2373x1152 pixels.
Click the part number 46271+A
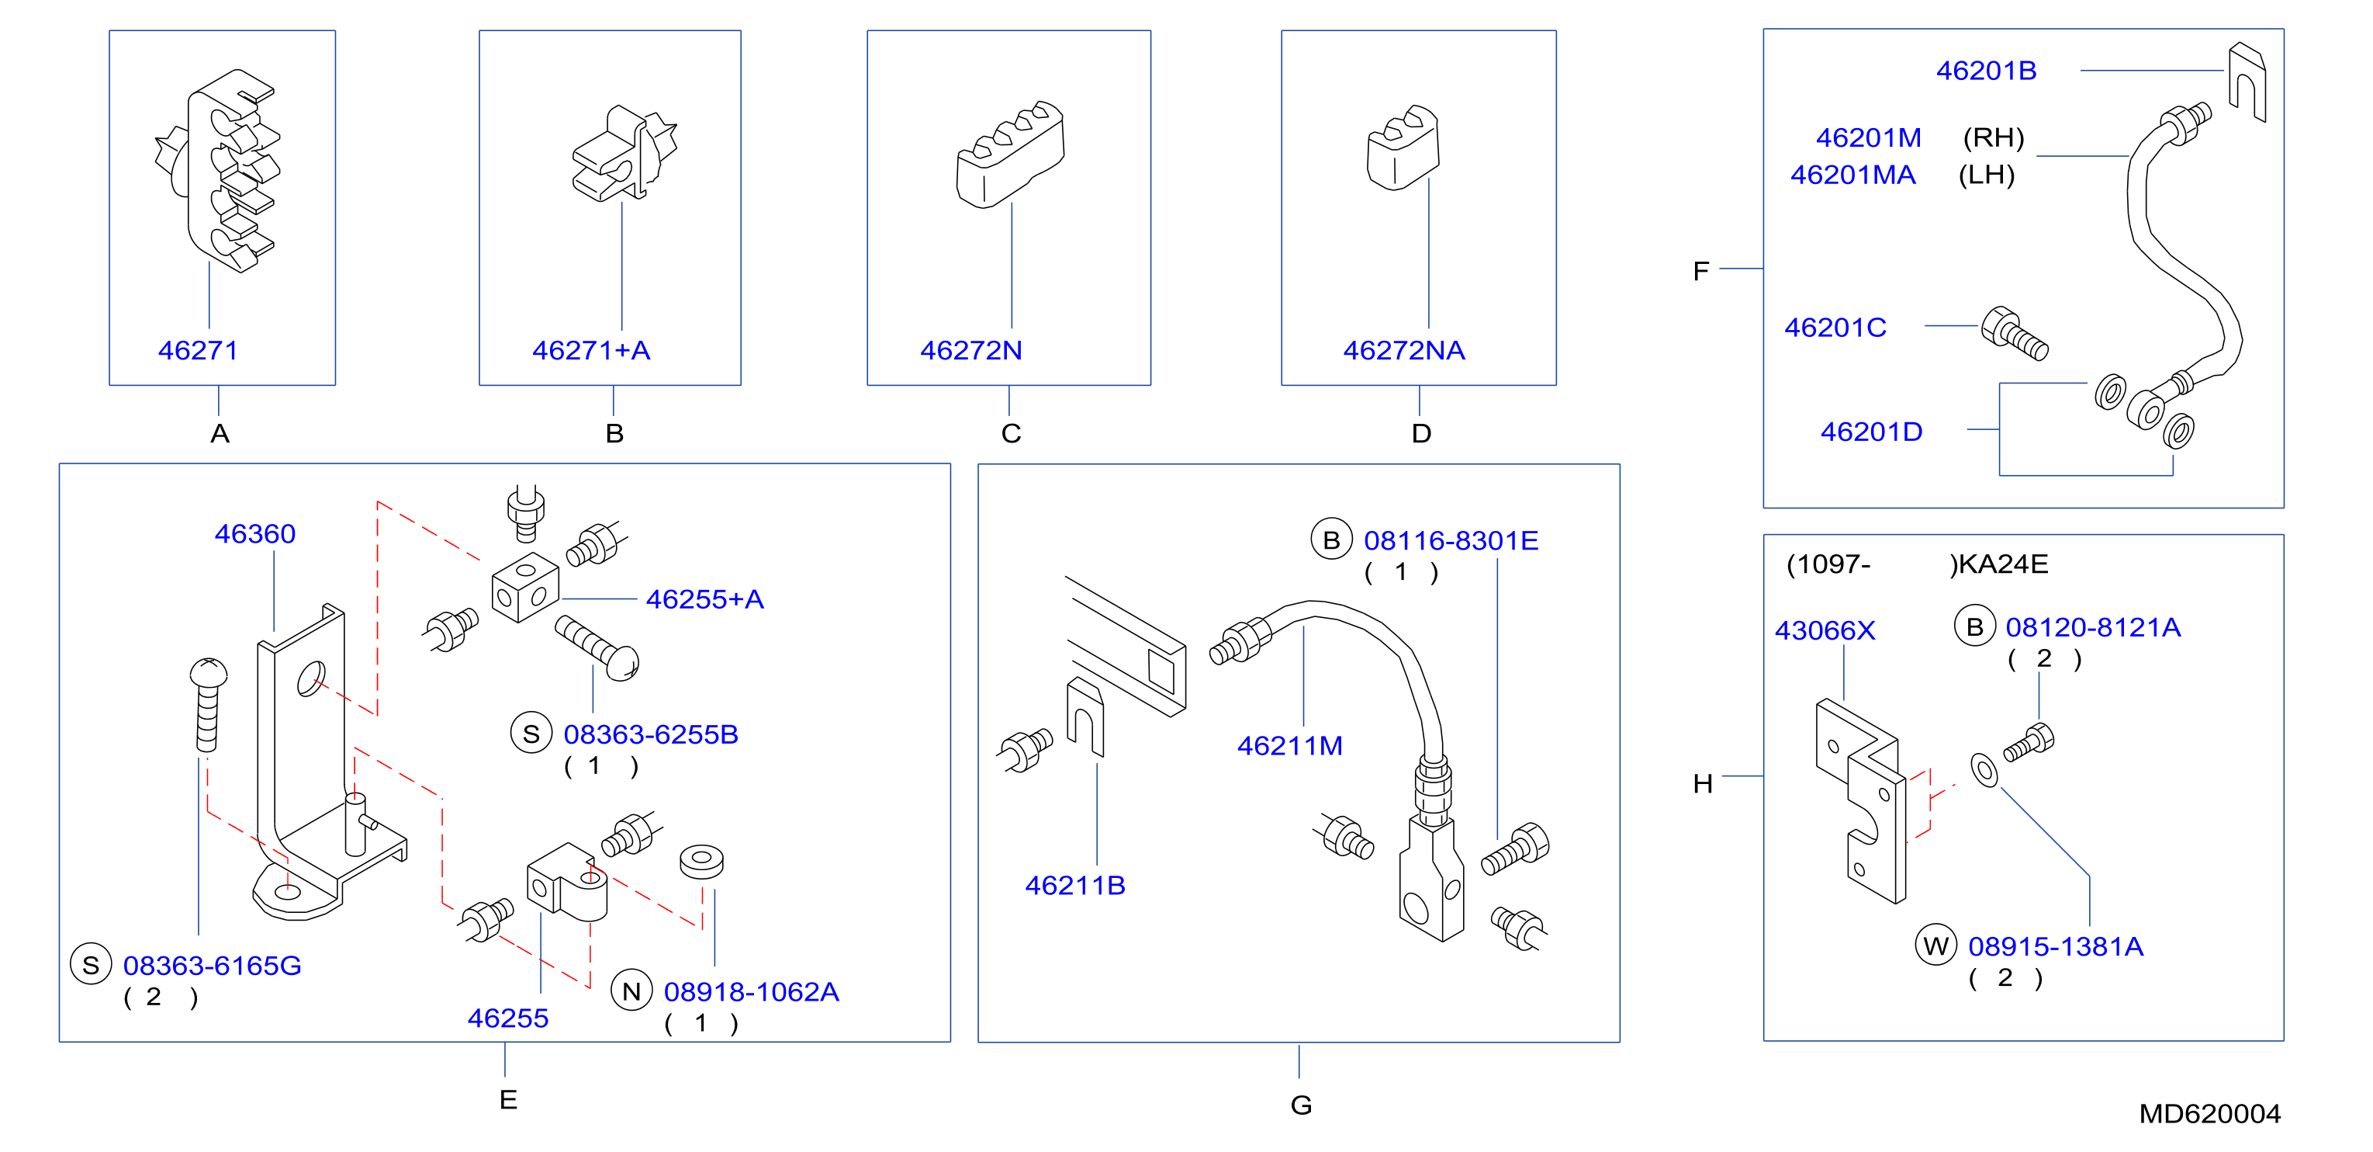click(x=591, y=350)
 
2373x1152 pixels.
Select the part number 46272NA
click(x=1404, y=350)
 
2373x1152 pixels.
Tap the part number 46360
click(x=255, y=533)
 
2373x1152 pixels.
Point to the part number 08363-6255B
click(x=652, y=734)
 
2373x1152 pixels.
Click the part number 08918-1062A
click(x=752, y=991)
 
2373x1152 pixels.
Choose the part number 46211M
click(x=1289, y=745)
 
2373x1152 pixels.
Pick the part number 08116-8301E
click(x=1451, y=541)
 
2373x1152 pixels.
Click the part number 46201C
click(x=1835, y=327)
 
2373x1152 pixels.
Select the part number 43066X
click(x=1825, y=630)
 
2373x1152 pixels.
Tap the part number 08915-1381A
click(x=2056, y=946)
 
